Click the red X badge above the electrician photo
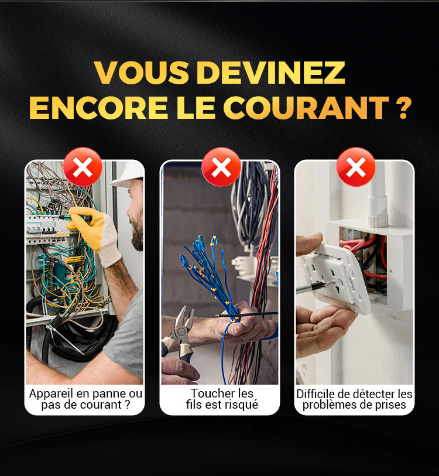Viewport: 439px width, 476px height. (83, 167)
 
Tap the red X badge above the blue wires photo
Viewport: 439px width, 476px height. (221, 167)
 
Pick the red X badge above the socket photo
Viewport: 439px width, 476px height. (355, 167)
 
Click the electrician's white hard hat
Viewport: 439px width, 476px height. (129, 173)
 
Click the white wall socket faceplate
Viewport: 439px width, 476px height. (333, 275)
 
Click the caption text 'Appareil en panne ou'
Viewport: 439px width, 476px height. (85, 393)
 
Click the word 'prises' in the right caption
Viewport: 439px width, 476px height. (390, 405)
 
